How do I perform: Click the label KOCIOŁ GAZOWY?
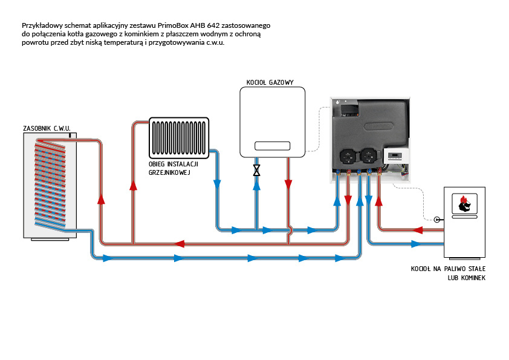click(x=270, y=82)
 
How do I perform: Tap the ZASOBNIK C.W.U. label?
click(x=47, y=128)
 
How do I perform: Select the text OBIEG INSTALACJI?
click(x=173, y=164)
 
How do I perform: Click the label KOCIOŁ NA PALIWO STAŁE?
click(x=448, y=269)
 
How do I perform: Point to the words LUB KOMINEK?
click(x=467, y=278)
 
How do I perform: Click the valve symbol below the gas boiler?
click(x=256, y=170)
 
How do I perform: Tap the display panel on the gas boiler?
click(x=273, y=146)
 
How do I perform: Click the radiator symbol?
click(x=179, y=138)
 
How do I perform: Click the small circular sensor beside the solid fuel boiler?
click(x=437, y=220)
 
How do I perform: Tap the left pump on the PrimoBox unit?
click(x=348, y=156)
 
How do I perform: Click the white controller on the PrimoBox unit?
click(x=396, y=156)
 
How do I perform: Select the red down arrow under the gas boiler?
click(x=288, y=185)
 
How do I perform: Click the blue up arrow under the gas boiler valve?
click(x=256, y=186)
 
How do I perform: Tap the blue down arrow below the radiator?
click(x=217, y=185)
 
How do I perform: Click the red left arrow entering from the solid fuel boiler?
click(x=418, y=231)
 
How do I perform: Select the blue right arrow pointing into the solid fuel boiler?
click(x=416, y=244)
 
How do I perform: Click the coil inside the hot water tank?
click(x=50, y=183)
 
